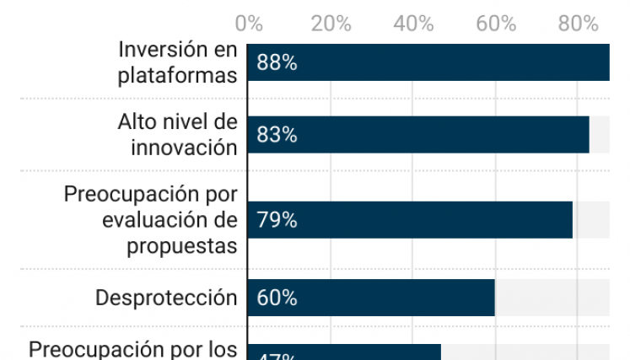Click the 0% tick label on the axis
click(249, 24)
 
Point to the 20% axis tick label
click(331, 24)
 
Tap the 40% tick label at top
click(413, 24)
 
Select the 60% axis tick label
click(496, 24)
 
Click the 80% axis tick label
click(578, 24)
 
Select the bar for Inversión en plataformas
click(428, 63)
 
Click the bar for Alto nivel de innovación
click(418, 135)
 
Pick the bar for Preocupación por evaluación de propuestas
click(410, 220)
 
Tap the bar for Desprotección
click(371, 298)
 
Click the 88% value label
click(277, 63)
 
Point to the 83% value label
click(277, 135)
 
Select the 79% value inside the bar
click(277, 220)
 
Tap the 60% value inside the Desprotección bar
click(277, 298)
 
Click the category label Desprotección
click(166, 298)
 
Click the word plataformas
click(177, 75)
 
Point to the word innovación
click(184, 148)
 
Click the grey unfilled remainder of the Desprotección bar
click(552, 298)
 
